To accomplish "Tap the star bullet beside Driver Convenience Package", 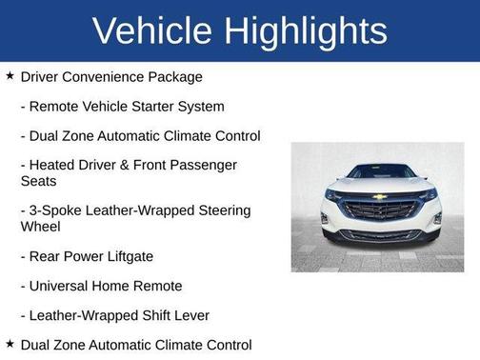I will coord(10,75).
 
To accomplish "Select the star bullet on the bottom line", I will coord(10,343).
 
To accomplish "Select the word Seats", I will coord(39,181).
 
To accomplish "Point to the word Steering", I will coord(223,210).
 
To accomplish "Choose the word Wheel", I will coord(40,227).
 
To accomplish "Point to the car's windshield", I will coord(379,172).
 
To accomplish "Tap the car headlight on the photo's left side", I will coord(334,194).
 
